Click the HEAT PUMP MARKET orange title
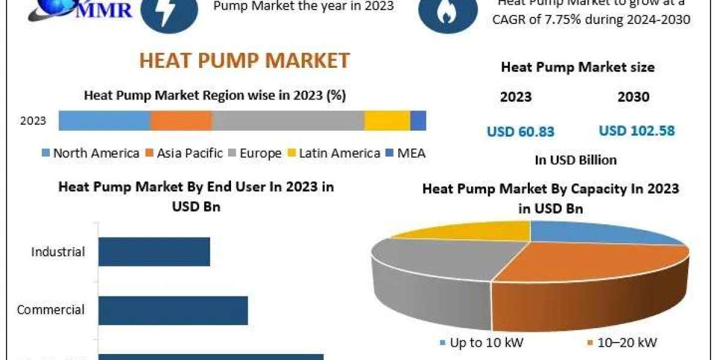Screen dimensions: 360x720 [x=244, y=60]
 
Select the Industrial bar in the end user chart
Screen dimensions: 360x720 [x=154, y=251]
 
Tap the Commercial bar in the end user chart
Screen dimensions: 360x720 [x=173, y=310]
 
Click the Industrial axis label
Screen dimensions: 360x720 [x=58, y=252]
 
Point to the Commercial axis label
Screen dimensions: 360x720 [x=51, y=310]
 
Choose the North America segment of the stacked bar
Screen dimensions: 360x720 [x=104, y=121]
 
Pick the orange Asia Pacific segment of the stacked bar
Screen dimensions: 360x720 [x=181, y=121]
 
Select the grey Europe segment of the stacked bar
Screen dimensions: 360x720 [x=288, y=121]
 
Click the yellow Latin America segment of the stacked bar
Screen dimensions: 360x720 [x=387, y=121]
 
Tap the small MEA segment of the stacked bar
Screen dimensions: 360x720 [x=418, y=121]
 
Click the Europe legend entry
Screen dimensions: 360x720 [x=254, y=153]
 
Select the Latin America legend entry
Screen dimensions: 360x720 [x=334, y=153]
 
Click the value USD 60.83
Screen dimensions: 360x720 [x=520, y=131]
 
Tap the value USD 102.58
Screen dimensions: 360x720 [x=637, y=130]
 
